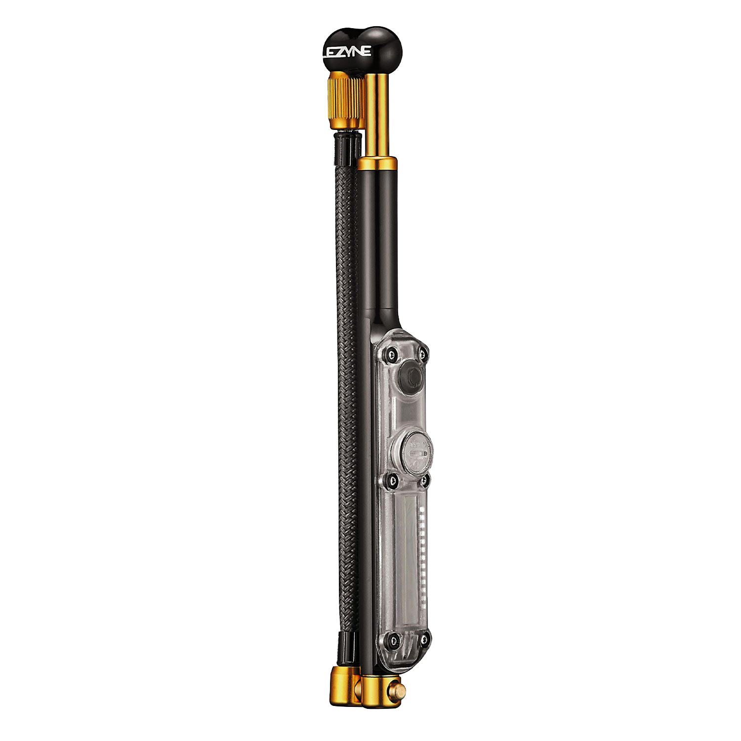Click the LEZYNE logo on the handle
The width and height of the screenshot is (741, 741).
(347, 52)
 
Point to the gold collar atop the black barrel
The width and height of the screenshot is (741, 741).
(378, 164)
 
